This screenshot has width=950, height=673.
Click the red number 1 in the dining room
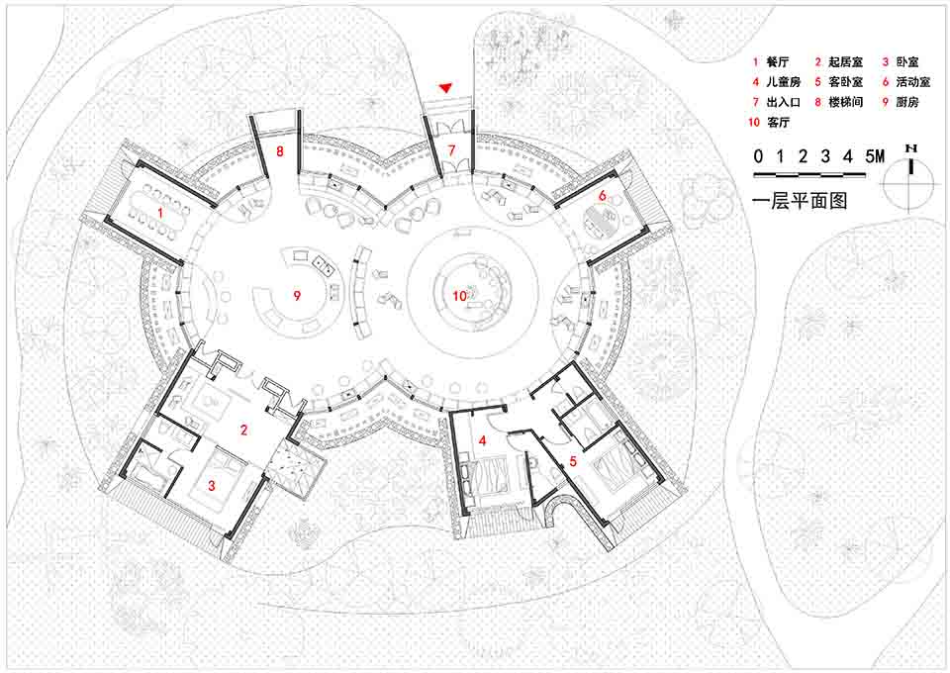pos(160,213)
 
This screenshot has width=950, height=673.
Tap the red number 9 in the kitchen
pos(297,296)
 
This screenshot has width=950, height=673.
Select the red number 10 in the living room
pos(460,296)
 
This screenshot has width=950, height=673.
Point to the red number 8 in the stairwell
pos(279,150)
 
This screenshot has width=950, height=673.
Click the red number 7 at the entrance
pos(451,149)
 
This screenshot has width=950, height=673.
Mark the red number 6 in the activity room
pos(603,196)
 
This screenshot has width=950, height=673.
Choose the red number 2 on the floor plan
pos(243,431)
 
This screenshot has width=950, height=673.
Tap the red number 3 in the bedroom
pos(212,485)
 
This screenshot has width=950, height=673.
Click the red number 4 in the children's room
pos(482,440)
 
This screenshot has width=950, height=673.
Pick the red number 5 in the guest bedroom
pos(573,461)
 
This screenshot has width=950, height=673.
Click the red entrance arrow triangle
pos(446,88)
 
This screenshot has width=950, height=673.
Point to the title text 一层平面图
pos(800,201)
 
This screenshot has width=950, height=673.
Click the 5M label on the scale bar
pos(875,156)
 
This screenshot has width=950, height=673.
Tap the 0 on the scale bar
pos(758,156)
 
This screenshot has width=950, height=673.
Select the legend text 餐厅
pos(778,61)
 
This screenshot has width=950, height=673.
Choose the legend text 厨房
pos(907,102)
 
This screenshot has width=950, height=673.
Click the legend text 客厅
pos(778,122)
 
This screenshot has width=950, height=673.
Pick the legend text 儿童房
pos(784,82)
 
